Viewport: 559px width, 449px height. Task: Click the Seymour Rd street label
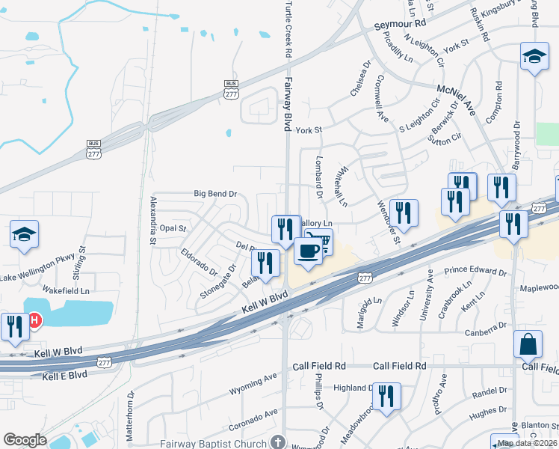click(399, 25)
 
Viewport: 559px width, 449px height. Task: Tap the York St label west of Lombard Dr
click(308, 130)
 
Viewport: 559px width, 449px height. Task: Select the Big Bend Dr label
click(215, 194)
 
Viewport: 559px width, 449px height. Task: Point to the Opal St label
click(172, 227)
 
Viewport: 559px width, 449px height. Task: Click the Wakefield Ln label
click(66, 290)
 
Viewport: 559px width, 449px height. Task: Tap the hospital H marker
click(34, 320)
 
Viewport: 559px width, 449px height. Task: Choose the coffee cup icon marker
click(307, 250)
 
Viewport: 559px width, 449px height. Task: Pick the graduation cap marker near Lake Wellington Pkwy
click(24, 234)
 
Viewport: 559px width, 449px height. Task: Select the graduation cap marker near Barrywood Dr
click(534, 56)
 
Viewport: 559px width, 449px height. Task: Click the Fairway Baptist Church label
click(214, 444)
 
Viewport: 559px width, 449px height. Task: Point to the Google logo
click(25, 440)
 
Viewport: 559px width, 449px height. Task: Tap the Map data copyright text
click(527, 443)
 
